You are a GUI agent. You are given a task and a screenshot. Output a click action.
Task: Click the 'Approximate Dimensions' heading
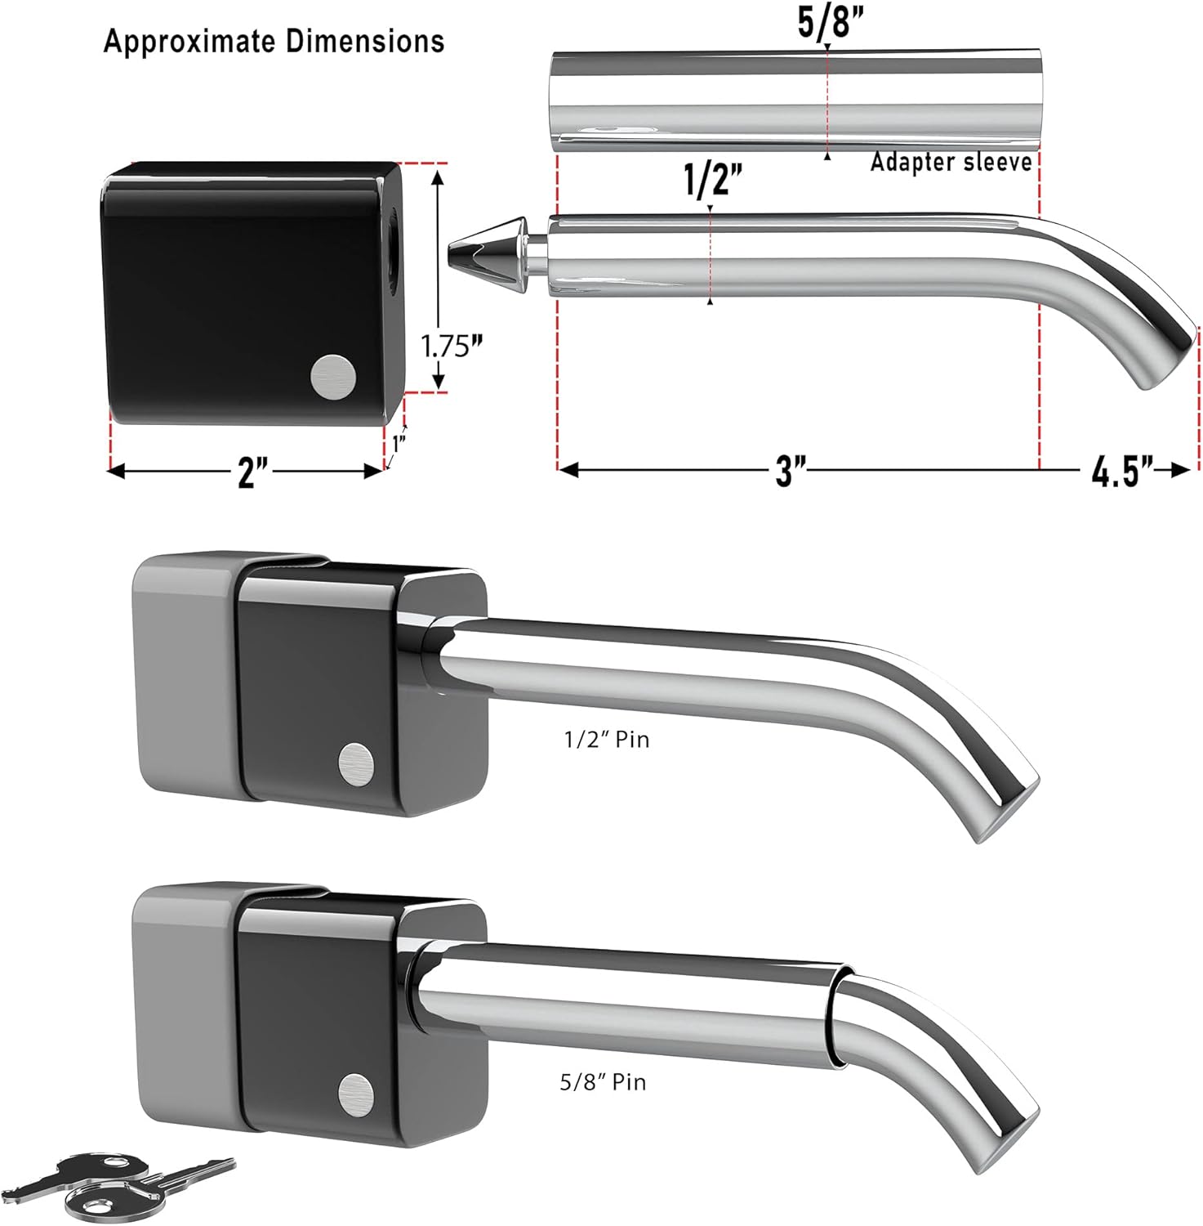pos(274,41)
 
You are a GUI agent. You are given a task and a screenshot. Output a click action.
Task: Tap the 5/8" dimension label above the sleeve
pos(825,24)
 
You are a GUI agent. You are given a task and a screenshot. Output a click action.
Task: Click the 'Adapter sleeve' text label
pos(951,162)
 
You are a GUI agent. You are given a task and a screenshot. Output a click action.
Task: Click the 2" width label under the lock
pos(252,472)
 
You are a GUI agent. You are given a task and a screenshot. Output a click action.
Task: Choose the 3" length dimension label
pos(789,471)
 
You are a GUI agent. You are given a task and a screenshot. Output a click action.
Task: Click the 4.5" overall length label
pos(1122,472)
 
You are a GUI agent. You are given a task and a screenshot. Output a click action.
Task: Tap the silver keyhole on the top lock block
pos(333,378)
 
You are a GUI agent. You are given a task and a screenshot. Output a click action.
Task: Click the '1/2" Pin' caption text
pos(606,740)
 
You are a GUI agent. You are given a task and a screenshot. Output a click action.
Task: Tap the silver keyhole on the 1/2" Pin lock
pos(356,763)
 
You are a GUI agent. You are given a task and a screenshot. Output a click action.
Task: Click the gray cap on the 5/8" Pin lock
pos(184,997)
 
